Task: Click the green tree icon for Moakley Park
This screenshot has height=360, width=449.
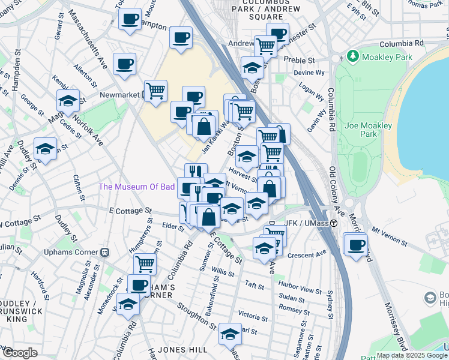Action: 353,56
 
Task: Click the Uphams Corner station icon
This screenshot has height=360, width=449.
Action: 104,252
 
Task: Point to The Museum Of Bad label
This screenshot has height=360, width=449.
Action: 137,187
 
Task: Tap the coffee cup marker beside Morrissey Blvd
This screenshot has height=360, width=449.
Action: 357,245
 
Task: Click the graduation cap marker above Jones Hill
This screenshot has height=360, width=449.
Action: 230,334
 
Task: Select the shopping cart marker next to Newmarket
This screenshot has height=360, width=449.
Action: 155,91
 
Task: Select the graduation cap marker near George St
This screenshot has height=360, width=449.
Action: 68,101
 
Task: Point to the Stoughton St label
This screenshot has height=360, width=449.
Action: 196,316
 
